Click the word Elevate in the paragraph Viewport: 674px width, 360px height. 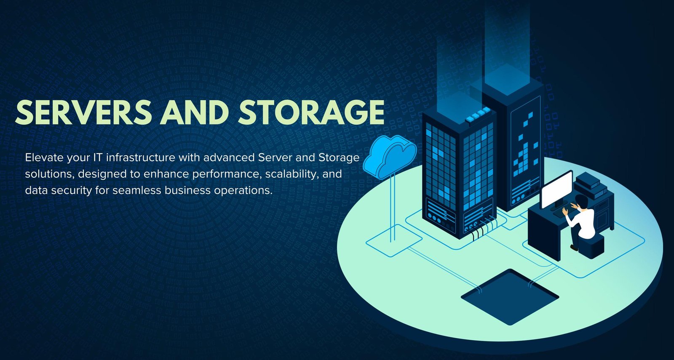[x=44, y=157]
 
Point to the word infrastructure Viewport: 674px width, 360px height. [x=141, y=157]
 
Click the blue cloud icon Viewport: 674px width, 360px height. [x=389, y=157]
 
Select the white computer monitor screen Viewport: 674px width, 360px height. [x=556, y=189]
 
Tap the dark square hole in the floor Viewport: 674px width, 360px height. [x=510, y=297]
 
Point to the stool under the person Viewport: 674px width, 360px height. [x=591, y=246]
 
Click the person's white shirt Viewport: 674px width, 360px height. [x=583, y=221]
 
